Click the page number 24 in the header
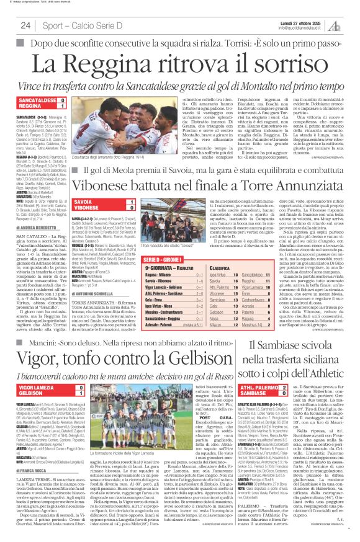(25, 25)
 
